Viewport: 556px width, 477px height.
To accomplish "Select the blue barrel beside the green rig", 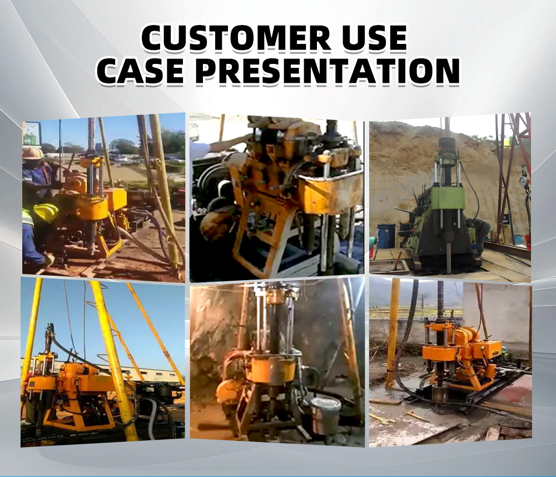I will pos(386,236).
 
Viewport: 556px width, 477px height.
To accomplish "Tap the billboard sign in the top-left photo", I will pos(32,133).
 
